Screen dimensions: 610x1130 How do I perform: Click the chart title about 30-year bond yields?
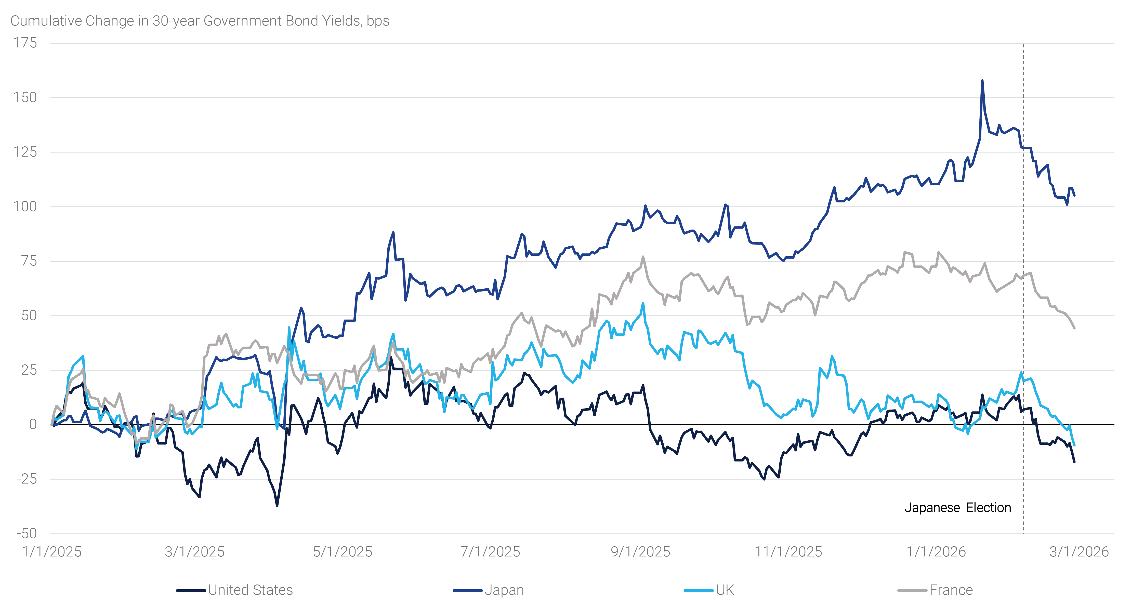pos(200,21)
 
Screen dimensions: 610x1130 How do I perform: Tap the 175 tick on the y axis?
pos(25,43)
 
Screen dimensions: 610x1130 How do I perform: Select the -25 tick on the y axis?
pos(26,479)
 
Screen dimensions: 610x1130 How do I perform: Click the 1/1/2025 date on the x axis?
pos(52,552)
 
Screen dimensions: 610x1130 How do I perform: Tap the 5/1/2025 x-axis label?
pos(342,552)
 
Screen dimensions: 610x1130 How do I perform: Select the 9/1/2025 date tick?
pos(640,552)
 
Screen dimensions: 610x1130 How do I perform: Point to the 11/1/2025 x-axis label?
pos(788,552)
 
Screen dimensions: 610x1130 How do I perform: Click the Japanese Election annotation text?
pos(958,508)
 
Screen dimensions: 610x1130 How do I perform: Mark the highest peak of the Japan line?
pos(982,81)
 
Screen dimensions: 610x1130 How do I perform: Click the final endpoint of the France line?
pos(1074,328)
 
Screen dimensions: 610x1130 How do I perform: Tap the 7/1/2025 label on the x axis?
pos(490,552)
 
